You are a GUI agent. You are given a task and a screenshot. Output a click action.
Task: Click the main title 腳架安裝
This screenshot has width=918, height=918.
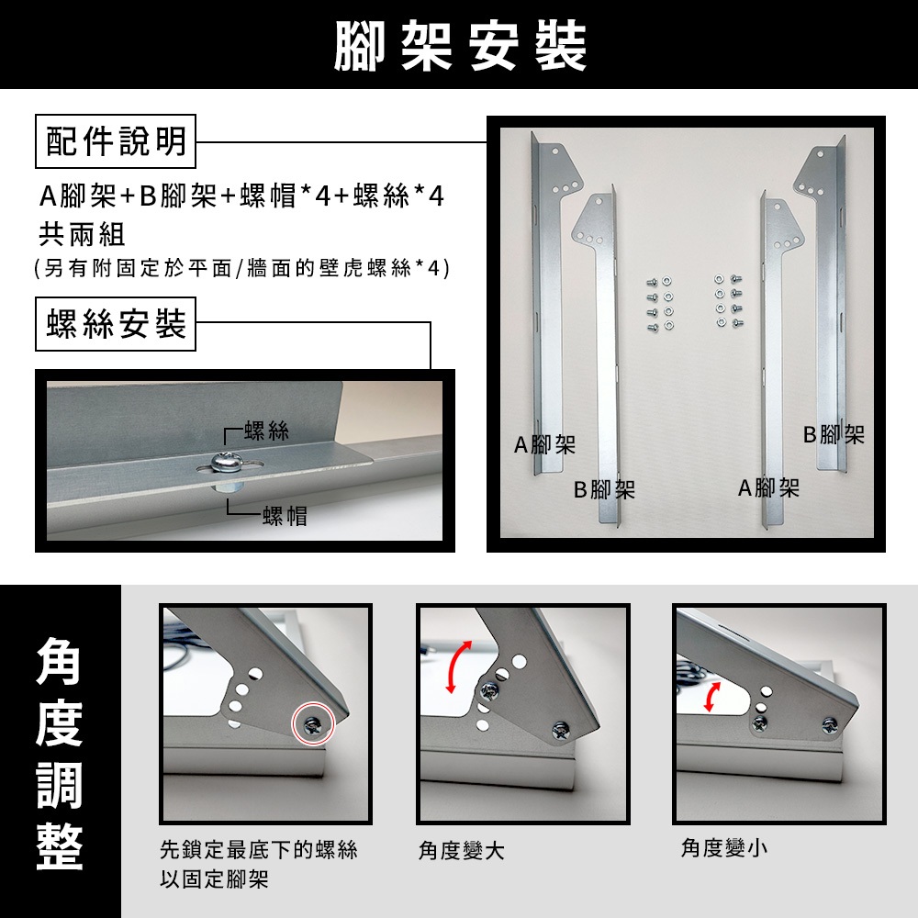(460, 46)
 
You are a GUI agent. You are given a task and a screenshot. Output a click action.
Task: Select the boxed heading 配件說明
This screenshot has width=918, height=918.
(116, 141)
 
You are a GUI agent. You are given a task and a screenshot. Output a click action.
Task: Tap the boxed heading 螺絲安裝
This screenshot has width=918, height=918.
(116, 324)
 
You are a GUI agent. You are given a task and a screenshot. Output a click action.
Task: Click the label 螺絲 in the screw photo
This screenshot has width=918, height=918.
(267, 431)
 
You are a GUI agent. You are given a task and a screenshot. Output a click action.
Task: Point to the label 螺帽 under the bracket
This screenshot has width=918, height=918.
(285, 516)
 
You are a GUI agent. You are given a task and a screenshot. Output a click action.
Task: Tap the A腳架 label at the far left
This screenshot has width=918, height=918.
(544, 445)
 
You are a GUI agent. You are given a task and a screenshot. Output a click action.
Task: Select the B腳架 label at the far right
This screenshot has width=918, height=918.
(834, 434)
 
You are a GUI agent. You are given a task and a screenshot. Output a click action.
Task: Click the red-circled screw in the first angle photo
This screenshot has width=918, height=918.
(313, 723)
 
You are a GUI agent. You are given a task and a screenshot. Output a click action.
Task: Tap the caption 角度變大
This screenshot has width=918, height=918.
(462, 851)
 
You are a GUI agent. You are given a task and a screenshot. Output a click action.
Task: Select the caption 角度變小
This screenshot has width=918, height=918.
(723, 847)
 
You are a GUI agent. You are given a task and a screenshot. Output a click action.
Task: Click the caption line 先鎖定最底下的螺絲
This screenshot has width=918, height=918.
(259, 849)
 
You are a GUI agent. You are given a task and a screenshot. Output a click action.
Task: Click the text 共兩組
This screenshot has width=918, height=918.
(82, 235)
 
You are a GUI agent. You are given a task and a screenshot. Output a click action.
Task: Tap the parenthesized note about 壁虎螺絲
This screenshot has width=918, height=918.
(242, 268)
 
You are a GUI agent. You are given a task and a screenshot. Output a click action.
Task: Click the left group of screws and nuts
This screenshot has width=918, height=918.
(659, 304)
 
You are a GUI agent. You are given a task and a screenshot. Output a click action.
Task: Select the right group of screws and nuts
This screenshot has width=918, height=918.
(728, 300)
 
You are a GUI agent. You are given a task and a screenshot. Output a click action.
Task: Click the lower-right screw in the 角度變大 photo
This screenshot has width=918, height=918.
(560, 730)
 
